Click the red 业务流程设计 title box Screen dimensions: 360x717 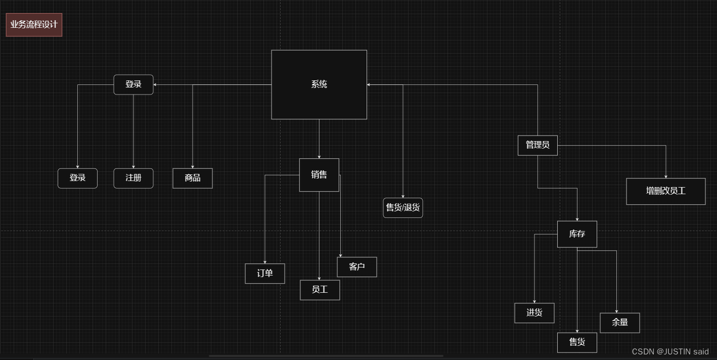click(34, 25)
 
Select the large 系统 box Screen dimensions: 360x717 click(319, 84)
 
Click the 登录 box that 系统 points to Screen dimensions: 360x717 click(133, 84)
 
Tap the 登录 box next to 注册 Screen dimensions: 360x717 click(77, 178)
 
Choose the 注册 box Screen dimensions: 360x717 click(133, 178)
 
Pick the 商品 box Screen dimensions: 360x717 click(193, 178)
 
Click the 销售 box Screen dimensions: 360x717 click(319, 175)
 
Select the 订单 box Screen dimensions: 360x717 click(265, 274)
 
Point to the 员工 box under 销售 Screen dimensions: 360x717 click(320, 290)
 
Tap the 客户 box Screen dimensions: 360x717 click(357, 267)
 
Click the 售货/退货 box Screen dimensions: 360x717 click(403, 207)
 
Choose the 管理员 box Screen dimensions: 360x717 click(537, 145)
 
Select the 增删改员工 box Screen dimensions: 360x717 click(665, 191)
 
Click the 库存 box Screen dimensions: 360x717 click(577, 234)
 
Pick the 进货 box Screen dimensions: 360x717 click(534, 312)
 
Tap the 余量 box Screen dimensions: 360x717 click(620, 323)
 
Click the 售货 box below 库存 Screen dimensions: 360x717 click(577, 342)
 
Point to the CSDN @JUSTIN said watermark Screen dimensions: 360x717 click(670, 351)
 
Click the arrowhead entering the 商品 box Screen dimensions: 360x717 click(193, 166)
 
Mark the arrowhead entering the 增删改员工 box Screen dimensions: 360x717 click(666, 176)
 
